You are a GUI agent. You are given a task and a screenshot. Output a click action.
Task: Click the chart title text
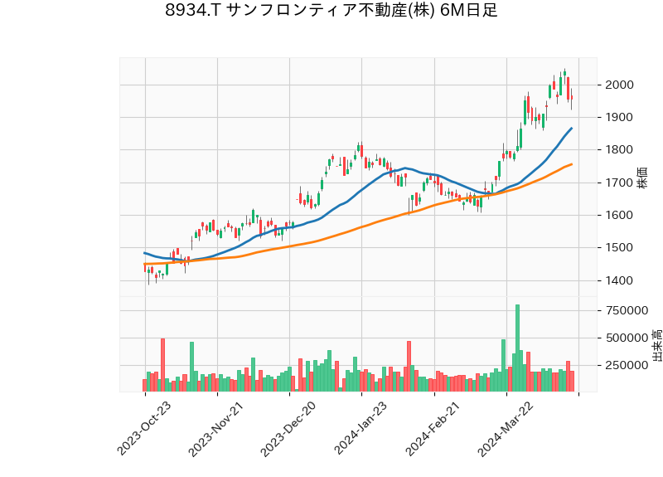coord(331,12)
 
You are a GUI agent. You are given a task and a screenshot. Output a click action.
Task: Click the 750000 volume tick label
coord(627,311)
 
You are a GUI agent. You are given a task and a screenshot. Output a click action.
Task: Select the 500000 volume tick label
coord(627,338)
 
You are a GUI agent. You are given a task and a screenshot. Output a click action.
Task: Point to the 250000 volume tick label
coord(627,365)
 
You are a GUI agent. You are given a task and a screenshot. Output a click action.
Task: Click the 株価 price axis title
coord(642,178)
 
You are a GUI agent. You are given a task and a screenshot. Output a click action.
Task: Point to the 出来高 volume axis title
coord(656,344)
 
